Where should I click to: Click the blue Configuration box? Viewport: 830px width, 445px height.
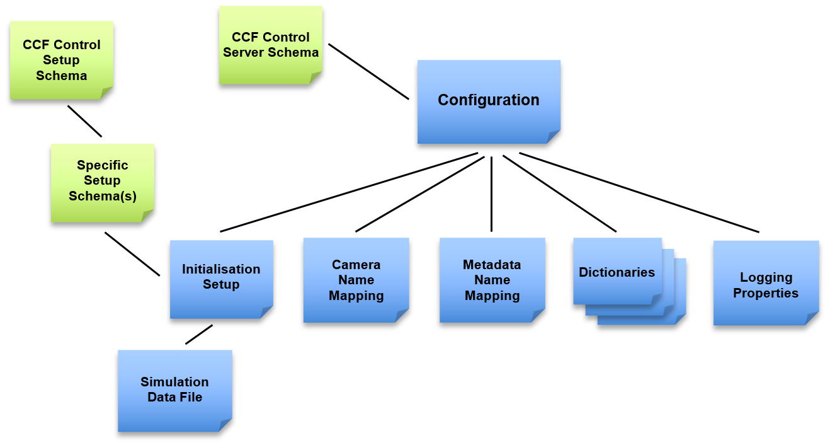(x=488, y=101)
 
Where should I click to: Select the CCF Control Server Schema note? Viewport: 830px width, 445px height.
(x=270, y=45)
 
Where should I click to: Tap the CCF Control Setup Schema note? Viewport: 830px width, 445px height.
(x=61, y=61)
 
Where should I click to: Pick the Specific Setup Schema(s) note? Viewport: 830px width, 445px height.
(x=102, y=181)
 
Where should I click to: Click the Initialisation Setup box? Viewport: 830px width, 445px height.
(x=221, y=277)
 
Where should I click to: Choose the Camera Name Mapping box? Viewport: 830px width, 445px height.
(x=356, y=280)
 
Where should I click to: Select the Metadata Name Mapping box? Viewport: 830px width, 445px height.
(x=492, y=280)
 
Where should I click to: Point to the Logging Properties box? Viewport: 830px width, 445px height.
(x=765, y=285)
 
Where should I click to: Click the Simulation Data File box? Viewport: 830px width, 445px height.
(x=174, y=390)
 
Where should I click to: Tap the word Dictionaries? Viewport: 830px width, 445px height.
(x=617, y=272)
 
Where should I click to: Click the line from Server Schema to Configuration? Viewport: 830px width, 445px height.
(x=368, y=71)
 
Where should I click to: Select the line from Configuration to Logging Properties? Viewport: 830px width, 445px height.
(x=639, y=192)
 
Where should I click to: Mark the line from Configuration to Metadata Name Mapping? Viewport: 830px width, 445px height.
(x=491, y=194)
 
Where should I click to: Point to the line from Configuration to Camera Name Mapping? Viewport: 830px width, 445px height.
(x=420, y=194)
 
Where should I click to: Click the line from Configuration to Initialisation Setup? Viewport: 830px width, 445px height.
(x=350, y=192)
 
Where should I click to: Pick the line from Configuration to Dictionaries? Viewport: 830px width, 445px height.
(x=559, y=193)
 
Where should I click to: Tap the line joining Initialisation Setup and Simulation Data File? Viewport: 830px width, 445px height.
(x=199, y=334)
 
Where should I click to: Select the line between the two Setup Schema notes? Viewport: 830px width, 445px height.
(x=84, y=121)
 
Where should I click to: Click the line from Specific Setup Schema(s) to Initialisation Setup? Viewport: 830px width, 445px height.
(x=132, y=254)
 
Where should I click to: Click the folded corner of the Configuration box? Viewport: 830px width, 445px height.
(x=553, y=137)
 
